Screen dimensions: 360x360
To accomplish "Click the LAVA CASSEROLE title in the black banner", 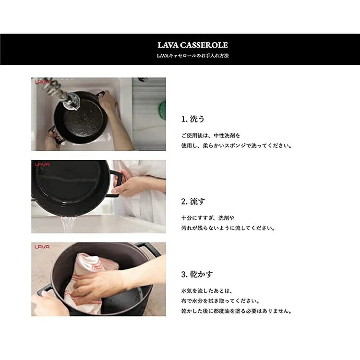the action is (x=192, y=45).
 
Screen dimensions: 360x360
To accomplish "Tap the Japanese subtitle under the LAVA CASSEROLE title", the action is (x=192, y=56).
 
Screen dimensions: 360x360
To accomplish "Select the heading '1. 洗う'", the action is (x=192, y=119).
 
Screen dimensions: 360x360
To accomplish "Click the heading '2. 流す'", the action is (x=193, y=201).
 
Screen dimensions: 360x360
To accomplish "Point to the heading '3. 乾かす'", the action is (x=197, y=274).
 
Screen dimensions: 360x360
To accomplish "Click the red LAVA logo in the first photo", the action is (x=42, y=82).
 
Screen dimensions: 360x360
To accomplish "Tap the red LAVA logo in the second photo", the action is (x=42, y=164).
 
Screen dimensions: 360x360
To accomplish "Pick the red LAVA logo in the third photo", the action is (x=42, y=247).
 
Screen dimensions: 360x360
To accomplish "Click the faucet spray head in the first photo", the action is (x=71, y=101).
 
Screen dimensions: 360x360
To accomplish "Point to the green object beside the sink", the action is (x=162, y=110).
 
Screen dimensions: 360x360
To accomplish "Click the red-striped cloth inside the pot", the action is (x=90, y=282).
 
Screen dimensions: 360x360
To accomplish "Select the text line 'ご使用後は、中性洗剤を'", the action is (x=211, y=135).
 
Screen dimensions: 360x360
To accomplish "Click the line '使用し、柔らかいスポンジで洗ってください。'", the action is (x=236, y=145).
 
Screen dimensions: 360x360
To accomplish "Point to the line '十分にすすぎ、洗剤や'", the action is (x=208, y=218).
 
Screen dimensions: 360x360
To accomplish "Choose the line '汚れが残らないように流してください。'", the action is (x=228, y=228).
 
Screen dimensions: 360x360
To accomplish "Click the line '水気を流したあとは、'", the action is (x=206, y=291).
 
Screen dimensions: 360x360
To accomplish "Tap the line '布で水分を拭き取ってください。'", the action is (x=220, y=301).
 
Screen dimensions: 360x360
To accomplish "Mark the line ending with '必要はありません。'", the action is (x=236, y=311).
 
